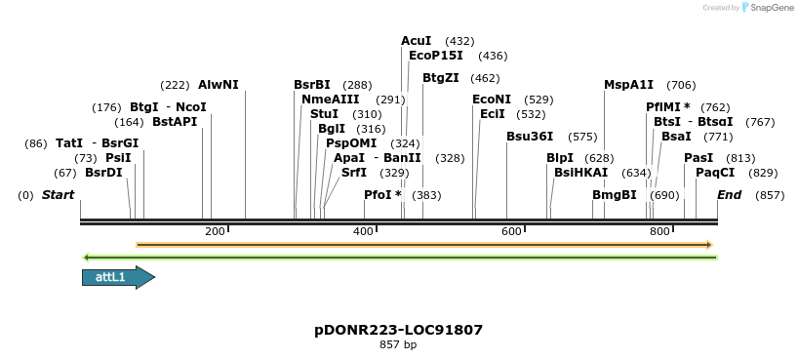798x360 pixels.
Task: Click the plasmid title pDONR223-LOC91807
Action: [398, 330]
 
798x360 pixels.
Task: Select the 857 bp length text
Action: [398, 344]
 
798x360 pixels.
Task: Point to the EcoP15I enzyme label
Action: [436, 56]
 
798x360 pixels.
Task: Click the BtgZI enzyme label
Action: [440, 78]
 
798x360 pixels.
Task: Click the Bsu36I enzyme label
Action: [530, 137]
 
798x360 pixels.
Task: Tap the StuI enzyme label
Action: [324, 114]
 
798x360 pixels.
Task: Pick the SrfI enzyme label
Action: [353, 173]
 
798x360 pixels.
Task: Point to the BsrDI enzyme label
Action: [103, 173]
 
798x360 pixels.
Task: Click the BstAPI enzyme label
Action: [175, 122]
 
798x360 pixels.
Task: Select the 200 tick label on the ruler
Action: [215, 231]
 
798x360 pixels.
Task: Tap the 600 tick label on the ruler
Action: [511, 231]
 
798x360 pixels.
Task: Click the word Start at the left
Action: [58, 195]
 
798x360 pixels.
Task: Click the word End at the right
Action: [729, 195]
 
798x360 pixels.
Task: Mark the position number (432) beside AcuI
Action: [459, 41]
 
